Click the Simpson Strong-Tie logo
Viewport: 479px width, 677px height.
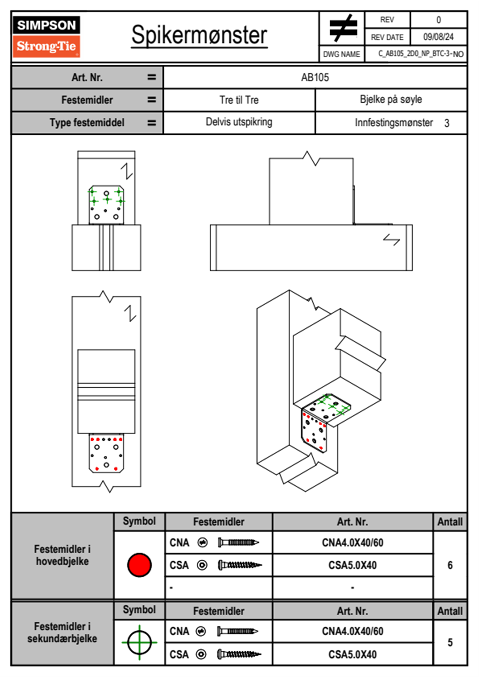46,36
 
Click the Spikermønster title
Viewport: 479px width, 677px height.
199,35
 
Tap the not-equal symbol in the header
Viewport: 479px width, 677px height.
343,28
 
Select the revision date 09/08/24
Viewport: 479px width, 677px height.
438,37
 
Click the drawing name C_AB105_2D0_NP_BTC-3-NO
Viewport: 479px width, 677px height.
421,54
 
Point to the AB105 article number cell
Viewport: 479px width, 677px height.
315,78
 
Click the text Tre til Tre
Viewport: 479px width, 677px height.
239,100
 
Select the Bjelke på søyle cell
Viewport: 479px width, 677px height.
391,100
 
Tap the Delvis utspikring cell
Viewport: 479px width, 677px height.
239,122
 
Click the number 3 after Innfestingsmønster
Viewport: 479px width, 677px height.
447,123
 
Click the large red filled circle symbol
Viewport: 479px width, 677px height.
139,565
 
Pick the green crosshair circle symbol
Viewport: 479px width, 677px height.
139,642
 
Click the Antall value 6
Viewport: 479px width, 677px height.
450,566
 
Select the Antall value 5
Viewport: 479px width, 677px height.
450,642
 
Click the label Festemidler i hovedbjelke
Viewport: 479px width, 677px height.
62,555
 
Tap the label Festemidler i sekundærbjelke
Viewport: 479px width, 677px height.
62,632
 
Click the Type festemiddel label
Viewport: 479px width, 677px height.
87,123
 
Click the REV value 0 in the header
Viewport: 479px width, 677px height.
438,20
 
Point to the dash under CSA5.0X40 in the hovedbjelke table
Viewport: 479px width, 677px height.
353,588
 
